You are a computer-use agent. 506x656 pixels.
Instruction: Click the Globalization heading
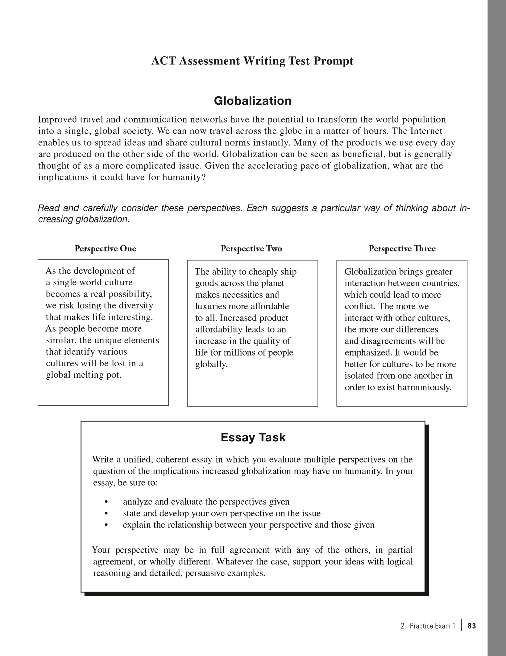(253, 101)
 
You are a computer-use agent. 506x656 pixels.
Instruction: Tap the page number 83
(472, 626)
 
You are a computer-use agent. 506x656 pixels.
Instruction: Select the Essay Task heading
(253, 438)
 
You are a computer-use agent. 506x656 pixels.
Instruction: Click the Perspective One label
(105, 249)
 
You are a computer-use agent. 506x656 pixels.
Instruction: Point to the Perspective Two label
(251, 249)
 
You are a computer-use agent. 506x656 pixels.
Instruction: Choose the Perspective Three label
(402, 249)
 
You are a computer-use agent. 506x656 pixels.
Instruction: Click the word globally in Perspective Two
(211, 365)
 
